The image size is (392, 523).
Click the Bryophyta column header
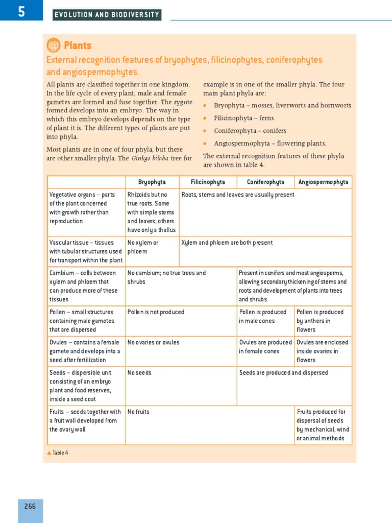[152, 182]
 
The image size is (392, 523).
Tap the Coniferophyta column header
[265, 182]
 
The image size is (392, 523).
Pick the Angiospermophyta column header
[323, 182]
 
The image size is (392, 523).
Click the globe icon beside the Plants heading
[54, 45]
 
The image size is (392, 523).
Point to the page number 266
[30, 506]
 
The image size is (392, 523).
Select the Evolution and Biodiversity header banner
[107, 15]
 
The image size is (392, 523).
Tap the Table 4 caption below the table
[58, 453]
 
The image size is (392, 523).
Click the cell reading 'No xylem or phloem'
[143, 247]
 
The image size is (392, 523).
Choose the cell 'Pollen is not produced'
[156, 312]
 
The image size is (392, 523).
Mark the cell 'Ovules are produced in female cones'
[265, 347]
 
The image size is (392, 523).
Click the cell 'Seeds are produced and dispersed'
[284, 373]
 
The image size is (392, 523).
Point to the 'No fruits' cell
[138, 412]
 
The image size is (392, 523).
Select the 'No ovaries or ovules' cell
[153, 342]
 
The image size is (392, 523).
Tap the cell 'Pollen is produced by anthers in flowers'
[321, 321]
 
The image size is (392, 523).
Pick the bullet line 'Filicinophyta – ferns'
[243, 118]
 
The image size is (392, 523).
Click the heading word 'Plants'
[78, 45]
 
